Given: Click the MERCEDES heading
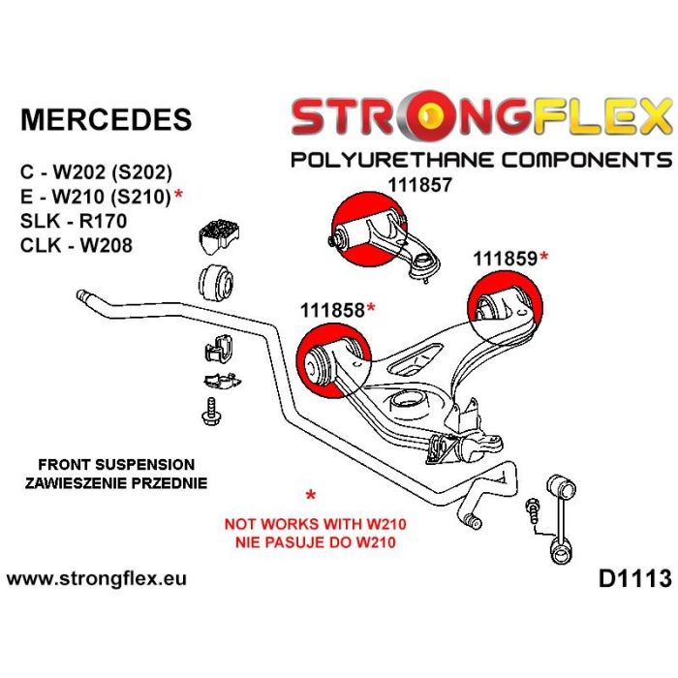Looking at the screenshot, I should coord(106,119).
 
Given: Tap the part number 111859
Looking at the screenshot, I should coord(506,259).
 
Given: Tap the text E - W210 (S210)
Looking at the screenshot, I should coord(94,198).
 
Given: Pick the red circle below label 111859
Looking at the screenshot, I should coord(504,305).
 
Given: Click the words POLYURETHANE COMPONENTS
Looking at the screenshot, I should coord(480,159).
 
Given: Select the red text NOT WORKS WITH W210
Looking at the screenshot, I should coord(314,524).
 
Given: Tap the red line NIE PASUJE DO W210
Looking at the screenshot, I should coord(314,541).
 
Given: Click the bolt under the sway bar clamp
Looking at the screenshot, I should coord(208,411).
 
